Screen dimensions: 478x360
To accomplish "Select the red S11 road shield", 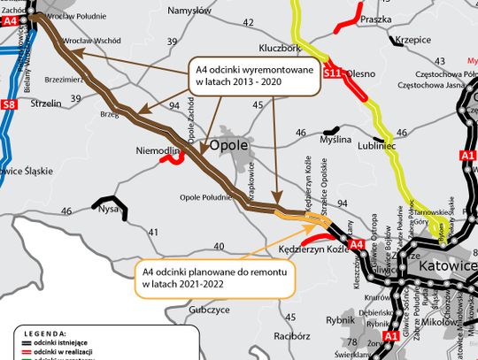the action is pos(335,74).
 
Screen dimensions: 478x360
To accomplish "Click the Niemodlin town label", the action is pos(158,152).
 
